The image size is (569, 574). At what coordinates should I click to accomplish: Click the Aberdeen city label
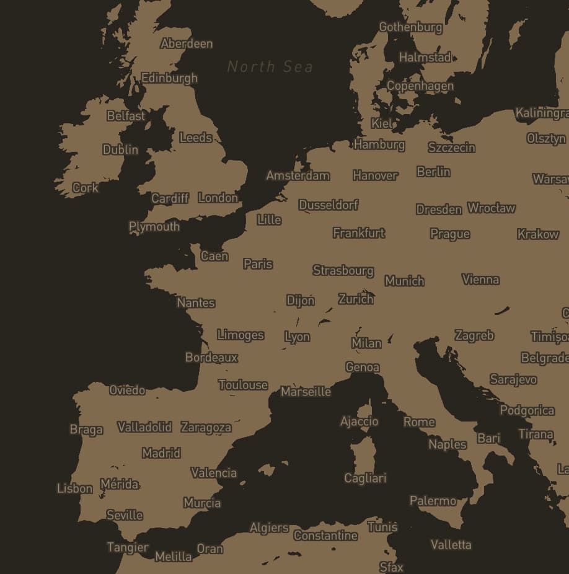(186, 43)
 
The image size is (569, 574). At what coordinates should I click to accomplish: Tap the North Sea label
(270, 66)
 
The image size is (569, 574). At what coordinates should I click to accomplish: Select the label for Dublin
(120, 149)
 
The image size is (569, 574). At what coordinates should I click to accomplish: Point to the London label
(218, 198)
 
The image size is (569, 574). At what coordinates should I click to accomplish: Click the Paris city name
(258, 263)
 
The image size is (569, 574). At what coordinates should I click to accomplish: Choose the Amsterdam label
(298, 175)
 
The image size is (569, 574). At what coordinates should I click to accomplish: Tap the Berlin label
(433, 171)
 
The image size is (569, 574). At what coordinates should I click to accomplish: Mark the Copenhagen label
(420, 86)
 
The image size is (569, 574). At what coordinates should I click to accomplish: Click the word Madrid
(161, 453)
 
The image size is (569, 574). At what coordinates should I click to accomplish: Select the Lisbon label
(74, 488)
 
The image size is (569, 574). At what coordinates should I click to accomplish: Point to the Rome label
(419, 422)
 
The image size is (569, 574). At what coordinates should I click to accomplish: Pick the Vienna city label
(480, 279)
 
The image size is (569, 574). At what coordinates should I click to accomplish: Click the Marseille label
(306, 391)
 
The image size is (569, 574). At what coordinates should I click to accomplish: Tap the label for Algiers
(268, 528)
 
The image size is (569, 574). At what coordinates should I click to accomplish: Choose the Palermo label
(433, 500)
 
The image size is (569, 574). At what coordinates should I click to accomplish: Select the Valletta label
(451, 544)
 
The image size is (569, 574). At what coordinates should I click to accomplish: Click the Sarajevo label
(513, 379)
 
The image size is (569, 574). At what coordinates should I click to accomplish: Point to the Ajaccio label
(359, 421)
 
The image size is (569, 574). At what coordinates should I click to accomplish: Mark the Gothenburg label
(410, 27)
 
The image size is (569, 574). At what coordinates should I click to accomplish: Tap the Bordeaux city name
(211, 357)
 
